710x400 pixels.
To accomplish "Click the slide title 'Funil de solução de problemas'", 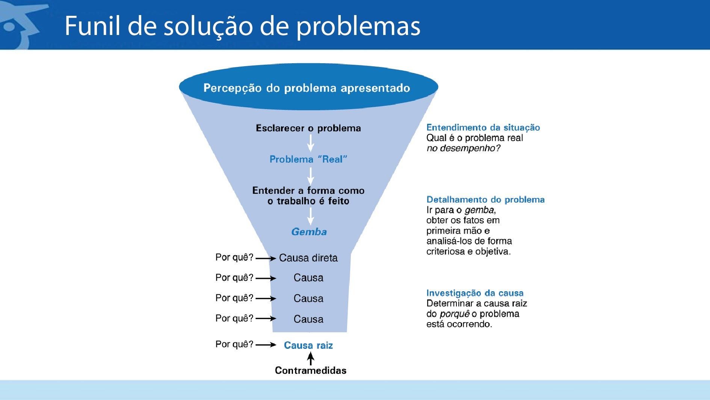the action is coord(242,26).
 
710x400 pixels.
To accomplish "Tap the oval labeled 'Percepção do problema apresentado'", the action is coord(308,87).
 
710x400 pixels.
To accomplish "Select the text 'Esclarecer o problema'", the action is coord(308,128).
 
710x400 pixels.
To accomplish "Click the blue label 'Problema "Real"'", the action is coord(308,159).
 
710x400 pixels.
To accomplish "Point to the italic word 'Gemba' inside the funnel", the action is coord(309,232).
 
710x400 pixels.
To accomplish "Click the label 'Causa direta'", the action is coord(308,258).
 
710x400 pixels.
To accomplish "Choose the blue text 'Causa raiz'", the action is coord(308,345).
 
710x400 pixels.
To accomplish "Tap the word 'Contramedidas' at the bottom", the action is coord(311,371).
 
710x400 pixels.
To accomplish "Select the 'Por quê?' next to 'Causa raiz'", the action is coord(234,344).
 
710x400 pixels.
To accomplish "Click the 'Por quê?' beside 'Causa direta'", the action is coord(234,257).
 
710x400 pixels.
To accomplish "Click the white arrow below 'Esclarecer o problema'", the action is coord(311,143).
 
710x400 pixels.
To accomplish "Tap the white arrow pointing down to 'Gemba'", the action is coord(311,216).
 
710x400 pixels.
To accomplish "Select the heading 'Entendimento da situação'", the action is coord(483,128).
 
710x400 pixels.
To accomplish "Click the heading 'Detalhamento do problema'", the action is coord(485,199).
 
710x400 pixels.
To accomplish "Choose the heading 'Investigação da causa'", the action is coord(475,293).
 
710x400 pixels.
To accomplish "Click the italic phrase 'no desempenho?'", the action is coord(464,148).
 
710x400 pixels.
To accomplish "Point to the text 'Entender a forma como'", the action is coord(308,190).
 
